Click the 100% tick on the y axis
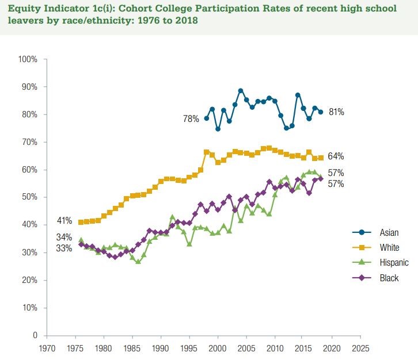tap(28, 59)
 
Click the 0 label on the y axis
tap(35, 335)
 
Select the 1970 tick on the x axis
tap(47, 348)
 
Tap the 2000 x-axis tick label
tap(217, 348)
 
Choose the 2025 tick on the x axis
tap(359, 348)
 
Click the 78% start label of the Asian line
tap(192, 119)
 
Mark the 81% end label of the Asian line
tap(336, 112)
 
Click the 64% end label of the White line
tap(336, 156)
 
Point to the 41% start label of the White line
tap(63, 220)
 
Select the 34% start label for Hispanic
tap(63, 237)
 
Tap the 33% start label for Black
tap(63, 248)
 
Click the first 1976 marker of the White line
tap(81, 222)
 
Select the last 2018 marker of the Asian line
tap(320, 112)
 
